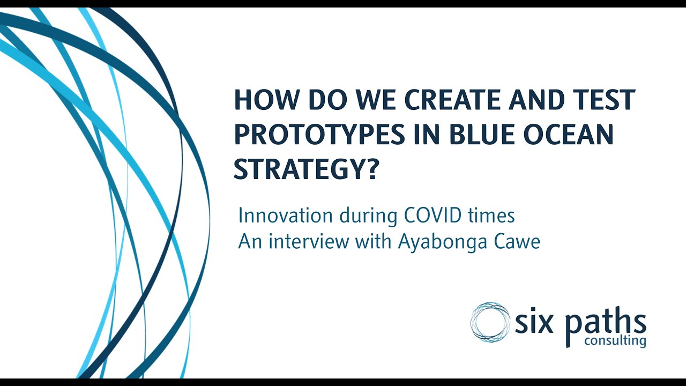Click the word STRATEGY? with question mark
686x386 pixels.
pyautogui.click(x=306, y=169)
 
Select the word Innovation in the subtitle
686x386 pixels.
pyautogui.click(x=285, y=216)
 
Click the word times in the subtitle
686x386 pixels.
pyautogui.click(x=493, y=216)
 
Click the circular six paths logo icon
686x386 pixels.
pyautogui.click(x=490, y=322)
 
